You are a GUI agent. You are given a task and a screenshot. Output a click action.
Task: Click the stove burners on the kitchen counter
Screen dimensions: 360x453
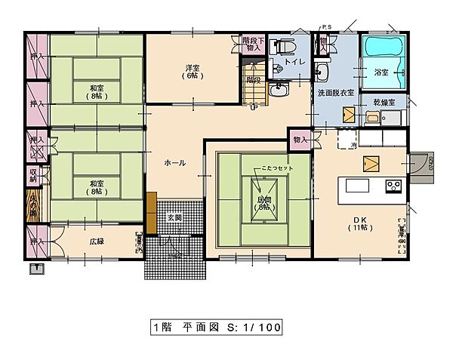click(394, 185)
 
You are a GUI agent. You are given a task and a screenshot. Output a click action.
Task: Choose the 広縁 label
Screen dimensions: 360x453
click(96, 242)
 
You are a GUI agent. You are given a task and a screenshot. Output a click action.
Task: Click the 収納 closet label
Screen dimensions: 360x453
click(34, 175)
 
